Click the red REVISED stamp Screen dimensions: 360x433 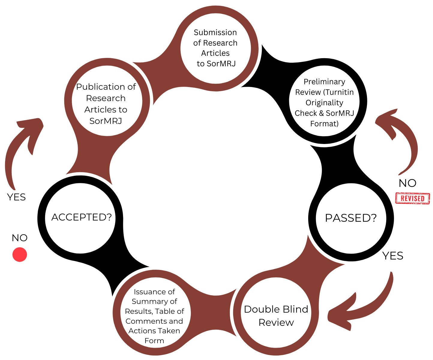point(413,198)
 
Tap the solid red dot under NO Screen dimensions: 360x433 point(20,255)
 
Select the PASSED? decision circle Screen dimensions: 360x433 point(351,218)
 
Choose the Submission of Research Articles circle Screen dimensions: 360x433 point(215,48)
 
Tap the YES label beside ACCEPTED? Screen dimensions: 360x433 point(16,197)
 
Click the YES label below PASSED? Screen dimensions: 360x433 point(393,256)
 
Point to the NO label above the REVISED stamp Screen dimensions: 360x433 point(407,183)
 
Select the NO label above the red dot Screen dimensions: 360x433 point(20,238)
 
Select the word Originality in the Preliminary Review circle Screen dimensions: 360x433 point(324,103)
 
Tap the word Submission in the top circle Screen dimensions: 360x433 point(215,32)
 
